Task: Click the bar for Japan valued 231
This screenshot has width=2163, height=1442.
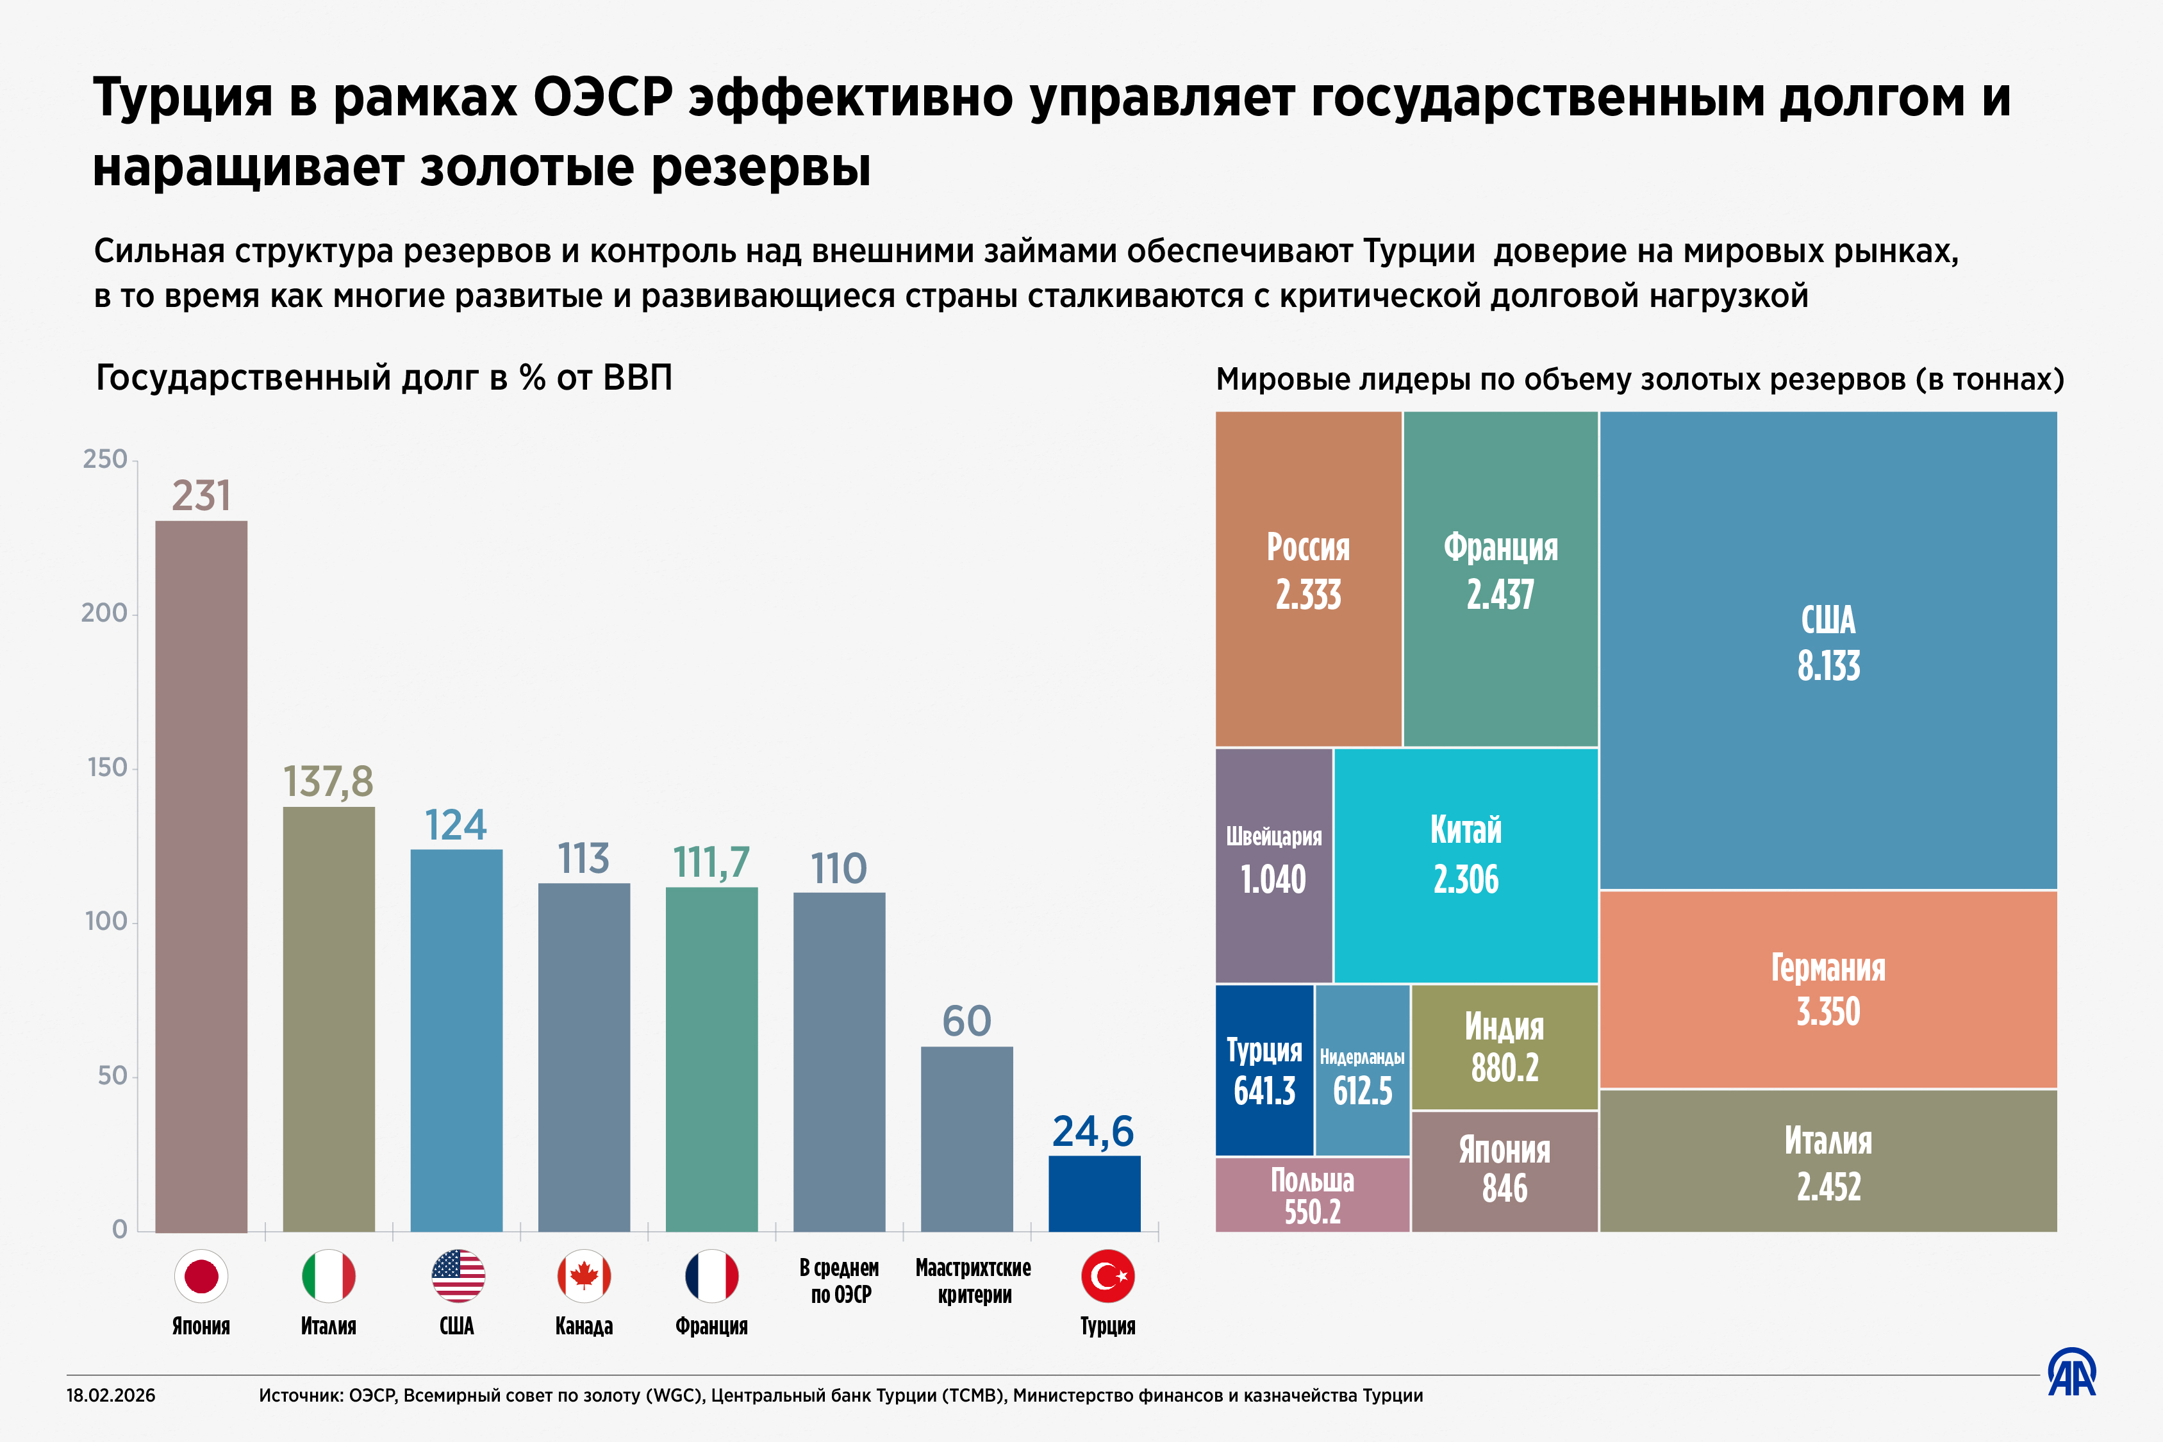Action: [x=201, y=874]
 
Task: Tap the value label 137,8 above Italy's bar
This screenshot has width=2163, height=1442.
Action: [x=327, y=782]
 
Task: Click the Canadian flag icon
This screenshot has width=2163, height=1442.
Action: [x=584, y=1275]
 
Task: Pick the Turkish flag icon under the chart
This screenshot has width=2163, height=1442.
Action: [x=1107, y=1275]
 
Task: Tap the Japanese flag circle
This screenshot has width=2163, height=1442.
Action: [x=201, y=1275]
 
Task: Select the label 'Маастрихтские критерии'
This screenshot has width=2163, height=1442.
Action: [x=973, y=1281]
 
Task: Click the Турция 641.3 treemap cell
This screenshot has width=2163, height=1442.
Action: [x=1264, y=1070]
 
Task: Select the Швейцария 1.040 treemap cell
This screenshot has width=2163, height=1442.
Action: [x=1273, y=865]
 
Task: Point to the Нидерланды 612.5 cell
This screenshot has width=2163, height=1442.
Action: [x=1362, y=1070]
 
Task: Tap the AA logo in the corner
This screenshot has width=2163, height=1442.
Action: [x=2071, y=1373]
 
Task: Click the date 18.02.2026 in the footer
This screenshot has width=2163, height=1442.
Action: [x=110, y=1395]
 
